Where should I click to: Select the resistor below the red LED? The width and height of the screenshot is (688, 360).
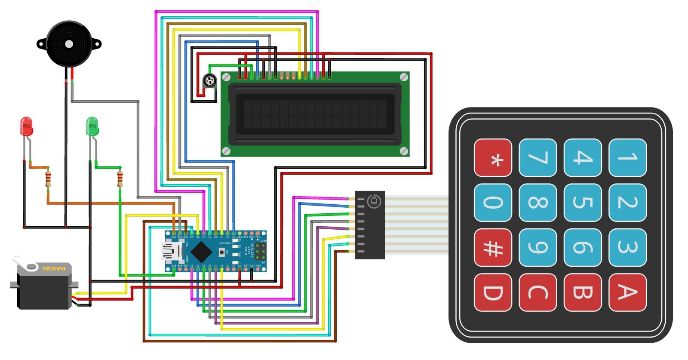(x=49, y=178)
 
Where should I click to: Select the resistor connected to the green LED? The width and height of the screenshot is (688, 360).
(x=120, y=178)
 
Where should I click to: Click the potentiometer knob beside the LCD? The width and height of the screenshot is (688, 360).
(x=209, y=80)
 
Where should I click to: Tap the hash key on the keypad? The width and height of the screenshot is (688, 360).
(x=493, y=247)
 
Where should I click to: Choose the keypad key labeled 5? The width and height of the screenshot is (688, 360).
(x=582, y=203)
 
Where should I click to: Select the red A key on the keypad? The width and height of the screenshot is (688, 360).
(x=627, y=292)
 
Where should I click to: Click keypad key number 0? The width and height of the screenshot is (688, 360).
(x=493, y=203)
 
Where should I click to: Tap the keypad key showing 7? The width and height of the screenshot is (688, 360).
(x=537, y=157)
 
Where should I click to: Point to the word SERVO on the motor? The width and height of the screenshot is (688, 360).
(x=54, y=269)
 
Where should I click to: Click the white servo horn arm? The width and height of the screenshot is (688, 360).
(x=24, y=264)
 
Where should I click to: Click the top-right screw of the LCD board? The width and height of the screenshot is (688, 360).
(x=403, y=77)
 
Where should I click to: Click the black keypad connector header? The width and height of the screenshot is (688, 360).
(x=369, y=225)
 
